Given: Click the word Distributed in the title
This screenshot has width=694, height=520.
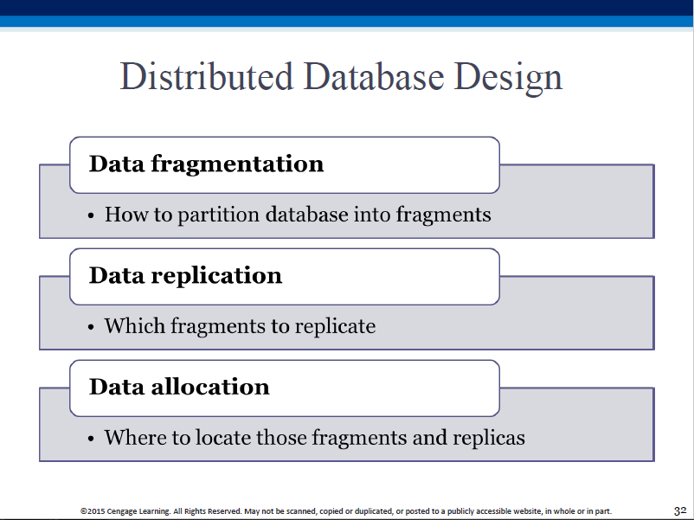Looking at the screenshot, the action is coord(207,76).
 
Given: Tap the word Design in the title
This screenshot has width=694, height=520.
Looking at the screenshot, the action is coord(508,79).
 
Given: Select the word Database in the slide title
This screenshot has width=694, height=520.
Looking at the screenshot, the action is coord(374,76).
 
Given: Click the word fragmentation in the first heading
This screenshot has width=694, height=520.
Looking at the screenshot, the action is coord(237,164).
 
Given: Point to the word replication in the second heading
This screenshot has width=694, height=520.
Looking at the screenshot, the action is coord(216,276).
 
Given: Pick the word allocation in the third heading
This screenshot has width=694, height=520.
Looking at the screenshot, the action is coord(210,387).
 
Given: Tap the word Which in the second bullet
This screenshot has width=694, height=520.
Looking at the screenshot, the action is coord(135,325).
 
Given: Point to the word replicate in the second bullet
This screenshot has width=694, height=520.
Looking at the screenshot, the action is coord(335,326).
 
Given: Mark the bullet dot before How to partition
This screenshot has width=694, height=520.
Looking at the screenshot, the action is coord(91,216).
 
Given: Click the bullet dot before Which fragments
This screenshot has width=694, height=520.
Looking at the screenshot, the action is coord(91,328).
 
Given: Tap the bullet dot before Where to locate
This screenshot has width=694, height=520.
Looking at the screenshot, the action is coord(91,439).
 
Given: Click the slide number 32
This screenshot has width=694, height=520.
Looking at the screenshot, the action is coord(680,510).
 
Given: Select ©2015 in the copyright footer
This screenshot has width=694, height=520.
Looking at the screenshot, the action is coord(93,511).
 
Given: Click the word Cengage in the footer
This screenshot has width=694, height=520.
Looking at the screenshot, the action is coord(122,511).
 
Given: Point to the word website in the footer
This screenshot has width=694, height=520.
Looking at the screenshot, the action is coord(529,511).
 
